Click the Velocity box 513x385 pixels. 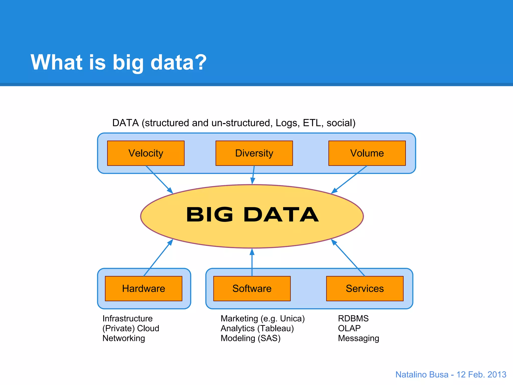click(x=146, y=153)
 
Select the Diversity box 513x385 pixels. click(x=254, y=153)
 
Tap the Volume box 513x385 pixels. click(x=367, y=153)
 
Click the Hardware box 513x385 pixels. click(x=144, y=288)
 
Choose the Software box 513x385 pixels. click(x=252, y=288)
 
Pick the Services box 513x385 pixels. click(x=365, y=288)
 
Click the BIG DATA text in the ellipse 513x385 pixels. click(x=252, y=215)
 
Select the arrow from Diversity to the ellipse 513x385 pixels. click(x=253, y=175)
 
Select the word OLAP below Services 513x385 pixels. click(x=349, y=328)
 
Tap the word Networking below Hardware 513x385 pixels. click(x=124, y=338)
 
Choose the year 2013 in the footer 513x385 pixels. click(x=497, y=374)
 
